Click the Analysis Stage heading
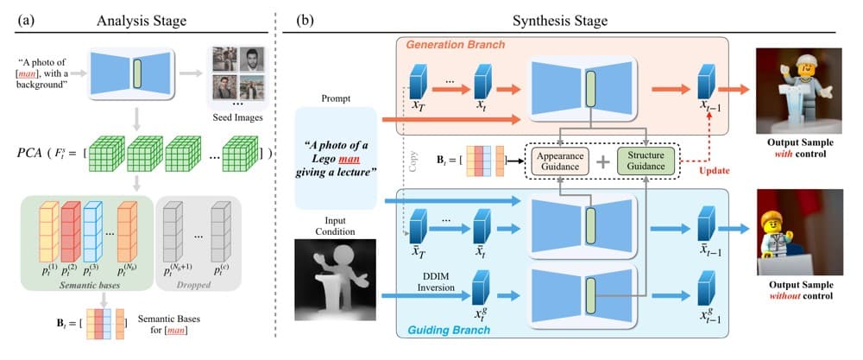(x=142, y=21)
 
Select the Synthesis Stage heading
(x=560, y=21)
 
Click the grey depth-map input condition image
(x=335, y=280)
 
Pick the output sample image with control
(x=800, y=91)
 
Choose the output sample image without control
(x=800, y=232)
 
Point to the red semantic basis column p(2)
(x=70, y=232)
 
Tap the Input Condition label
(x=335, y=224)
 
